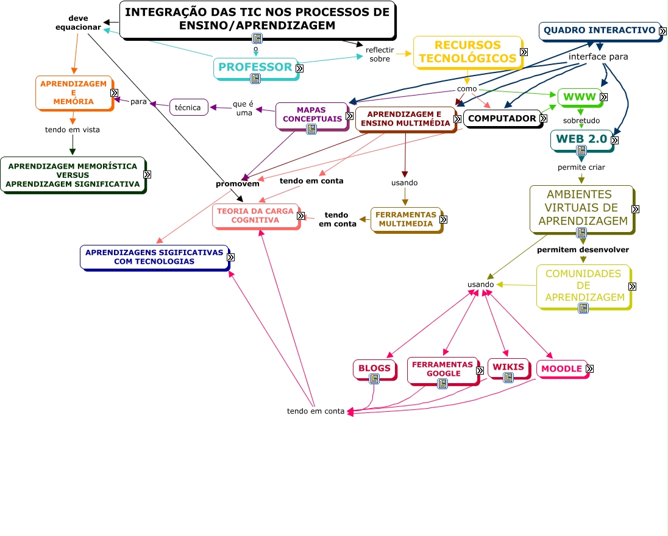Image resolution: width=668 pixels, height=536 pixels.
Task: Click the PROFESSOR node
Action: (x=255, y=67)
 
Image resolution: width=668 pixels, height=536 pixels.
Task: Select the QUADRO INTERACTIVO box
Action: (x=599, y=30)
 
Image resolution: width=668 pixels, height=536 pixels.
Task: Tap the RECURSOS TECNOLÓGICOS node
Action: (x=467, y=52)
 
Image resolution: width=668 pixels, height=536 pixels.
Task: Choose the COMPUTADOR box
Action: (x=502, y=118)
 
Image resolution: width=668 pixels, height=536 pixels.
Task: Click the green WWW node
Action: (x=579, y=97)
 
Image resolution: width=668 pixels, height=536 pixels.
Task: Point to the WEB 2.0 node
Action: (x=580, y=139)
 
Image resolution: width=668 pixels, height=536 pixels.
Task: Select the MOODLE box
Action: (x=561, y=369)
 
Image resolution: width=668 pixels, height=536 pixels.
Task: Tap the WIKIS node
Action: (x=508, y=367)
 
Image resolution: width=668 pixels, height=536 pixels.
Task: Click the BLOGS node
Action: (x=374, y=368)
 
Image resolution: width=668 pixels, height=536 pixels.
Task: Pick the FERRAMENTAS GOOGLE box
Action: (x=442, y=369)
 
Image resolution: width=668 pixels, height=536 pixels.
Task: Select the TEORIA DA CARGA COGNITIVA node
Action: (x=255, y=216)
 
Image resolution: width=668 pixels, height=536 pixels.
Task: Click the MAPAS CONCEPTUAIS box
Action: (x=311, y=115)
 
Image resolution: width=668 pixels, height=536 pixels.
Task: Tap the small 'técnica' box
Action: (x=188, y=107)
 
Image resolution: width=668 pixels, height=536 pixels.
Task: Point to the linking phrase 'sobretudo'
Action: (x=581, y=120)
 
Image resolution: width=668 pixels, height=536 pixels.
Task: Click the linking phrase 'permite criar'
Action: (x=581, y=167)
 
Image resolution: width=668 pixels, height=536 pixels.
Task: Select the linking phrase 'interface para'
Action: (x=598, y=57)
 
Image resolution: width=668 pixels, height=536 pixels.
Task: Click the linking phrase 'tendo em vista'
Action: (x=73, y=129)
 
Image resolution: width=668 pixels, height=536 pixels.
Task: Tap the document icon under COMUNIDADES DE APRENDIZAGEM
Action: (x=583, y=308)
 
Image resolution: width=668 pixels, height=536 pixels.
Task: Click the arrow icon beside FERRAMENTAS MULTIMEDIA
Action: (x=443, y=220)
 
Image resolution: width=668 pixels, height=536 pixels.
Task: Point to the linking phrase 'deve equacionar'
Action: (x=78, y=23)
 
